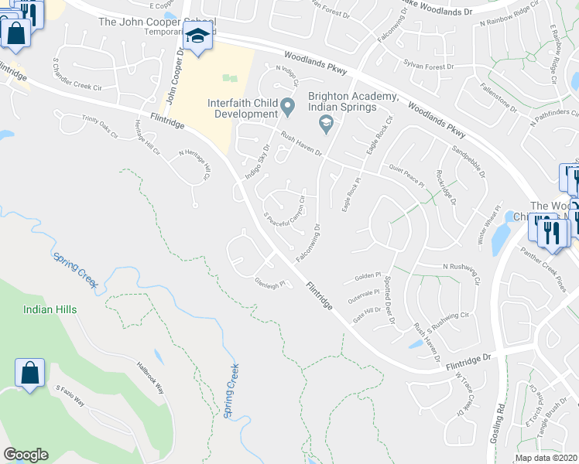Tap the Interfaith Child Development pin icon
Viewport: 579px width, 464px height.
click(288, 105)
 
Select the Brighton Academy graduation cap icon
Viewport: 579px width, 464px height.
click(326, 122)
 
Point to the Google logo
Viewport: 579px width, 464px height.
click(26, 455)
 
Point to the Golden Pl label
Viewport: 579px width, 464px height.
click(368, 275)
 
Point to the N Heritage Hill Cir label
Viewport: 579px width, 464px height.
click(195, 164)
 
